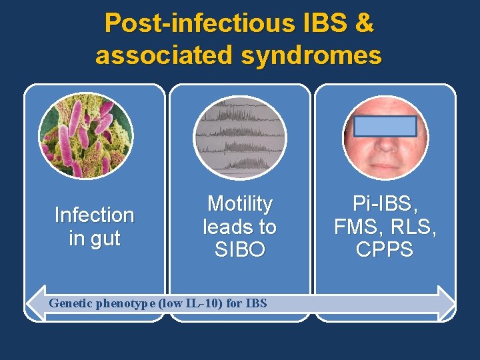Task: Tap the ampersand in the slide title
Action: tap(363, 24)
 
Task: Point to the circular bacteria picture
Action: tap(85, 135)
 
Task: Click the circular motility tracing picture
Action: tap(239, 137)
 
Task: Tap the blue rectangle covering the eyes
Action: tap(386, 127)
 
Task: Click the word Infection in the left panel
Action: tap(94, 215)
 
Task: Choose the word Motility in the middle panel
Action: tap(240, 203)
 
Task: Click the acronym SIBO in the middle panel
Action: tap(240, 250)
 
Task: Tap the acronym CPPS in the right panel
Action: tap(385, 250)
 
